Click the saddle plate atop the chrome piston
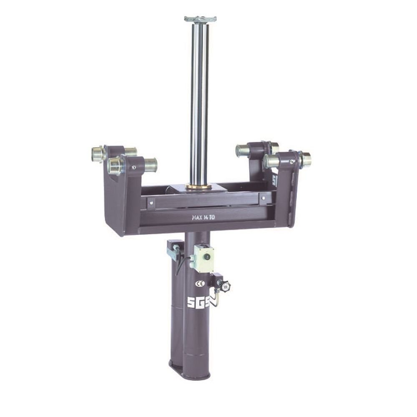(x=200, y=19)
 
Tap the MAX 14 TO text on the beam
(x=203, y=217)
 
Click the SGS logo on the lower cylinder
(x=198, y=302)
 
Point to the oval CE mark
(x=200, y=284)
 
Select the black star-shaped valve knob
(x=225, y=286)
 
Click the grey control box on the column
(x=203, y=258)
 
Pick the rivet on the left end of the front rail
(x=151, y=203)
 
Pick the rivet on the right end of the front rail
(x=263, y=198)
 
